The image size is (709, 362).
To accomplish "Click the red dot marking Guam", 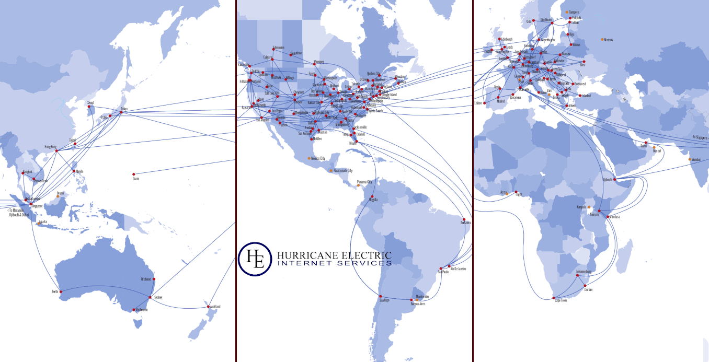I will pyautogui.click(x=134, y=174).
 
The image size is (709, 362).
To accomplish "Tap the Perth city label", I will pyautogui.click(x=54, y=291).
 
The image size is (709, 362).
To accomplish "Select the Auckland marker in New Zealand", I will pyautogui.click(x=209, y=306).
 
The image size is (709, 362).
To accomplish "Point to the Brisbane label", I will pyautogui.click(x=146, y=279).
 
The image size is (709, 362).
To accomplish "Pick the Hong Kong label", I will pyautogui.click(x=50, y=147).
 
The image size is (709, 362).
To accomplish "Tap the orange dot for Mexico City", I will pyautogui.click(x=310, y=158).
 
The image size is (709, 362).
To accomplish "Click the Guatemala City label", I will pyautogui.click(x=343, y=171).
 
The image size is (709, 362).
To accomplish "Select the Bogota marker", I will pyautogui.click(x=372, y=196).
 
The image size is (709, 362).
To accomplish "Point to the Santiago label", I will pyautogui.click(x=384, y=301).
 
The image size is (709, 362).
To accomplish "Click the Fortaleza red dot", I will pyautogui.click(x=464, y=219).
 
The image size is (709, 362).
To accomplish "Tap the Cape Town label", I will pyautogui.click(x=561, y=300).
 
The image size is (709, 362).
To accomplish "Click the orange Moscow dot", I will pyautogui.click(x=602, y=39).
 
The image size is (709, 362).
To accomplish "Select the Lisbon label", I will pyautogui.click(x=478, y=103).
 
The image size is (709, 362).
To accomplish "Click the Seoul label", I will pyautogui.click(x=90, y=102).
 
